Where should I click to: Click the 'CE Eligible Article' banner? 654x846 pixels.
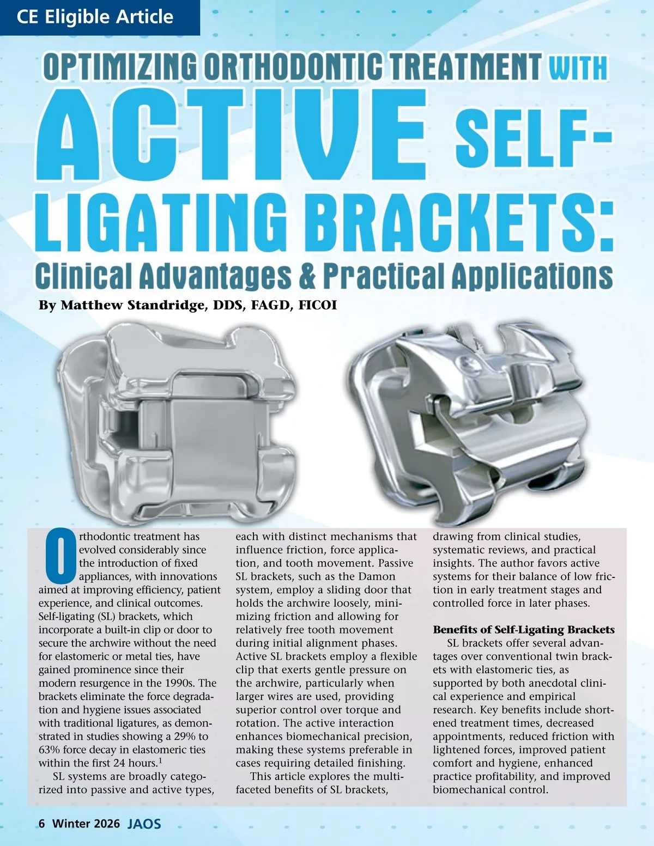[95, 17]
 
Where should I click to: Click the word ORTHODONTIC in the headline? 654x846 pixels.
[296, 67]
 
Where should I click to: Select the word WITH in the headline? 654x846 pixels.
[578, 68]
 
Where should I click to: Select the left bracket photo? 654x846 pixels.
[177, 419]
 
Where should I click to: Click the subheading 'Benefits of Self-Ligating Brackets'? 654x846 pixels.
[523, 630]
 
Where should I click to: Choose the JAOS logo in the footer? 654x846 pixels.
[144, 824]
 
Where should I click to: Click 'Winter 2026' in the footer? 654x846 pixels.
[86, 824]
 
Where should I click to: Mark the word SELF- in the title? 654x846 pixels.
[532, 140]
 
